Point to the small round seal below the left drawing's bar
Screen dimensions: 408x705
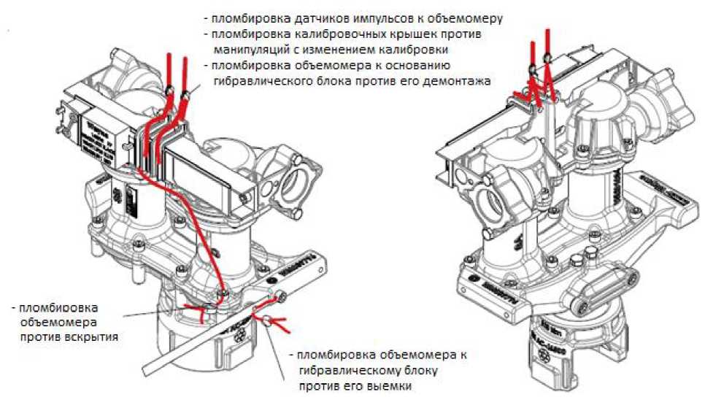(270, 319)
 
